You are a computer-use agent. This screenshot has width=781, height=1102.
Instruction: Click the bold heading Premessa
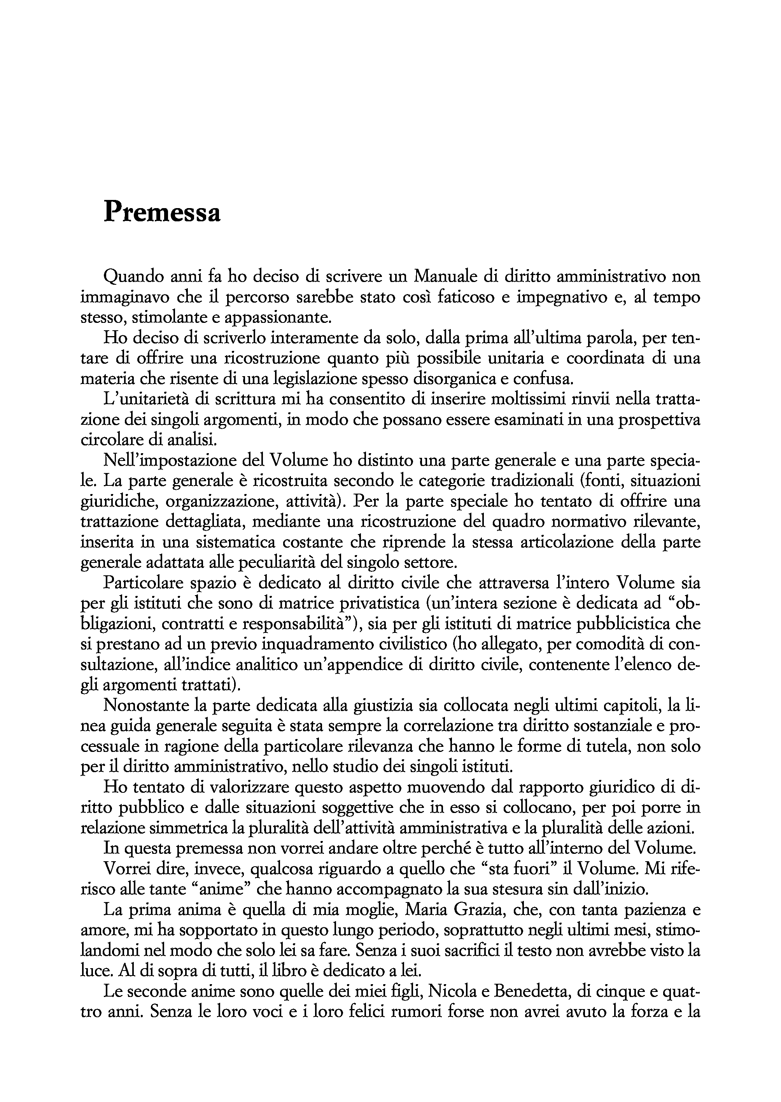point(162,212)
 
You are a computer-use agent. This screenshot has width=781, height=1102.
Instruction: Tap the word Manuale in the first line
point(448,277)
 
